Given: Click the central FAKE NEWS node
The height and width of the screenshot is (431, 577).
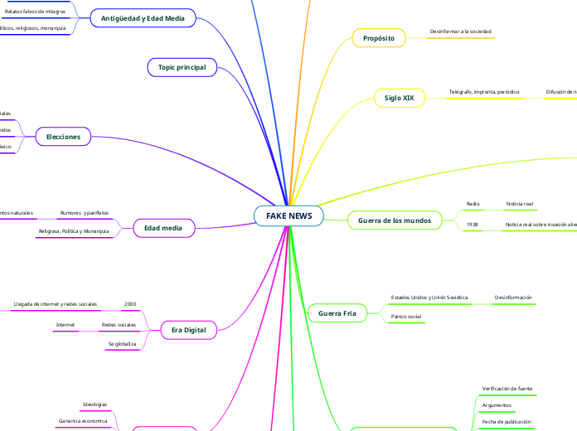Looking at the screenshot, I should click(x=288, y=215).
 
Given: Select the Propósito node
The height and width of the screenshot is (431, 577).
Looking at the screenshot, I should click(x=378, y=38).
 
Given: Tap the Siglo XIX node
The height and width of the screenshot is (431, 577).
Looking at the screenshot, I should click(x=399, y=98).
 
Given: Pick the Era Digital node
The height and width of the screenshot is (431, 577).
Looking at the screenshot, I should click(x=188, y=330).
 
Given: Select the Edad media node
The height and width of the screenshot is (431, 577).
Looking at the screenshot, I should click(x=164, y=227).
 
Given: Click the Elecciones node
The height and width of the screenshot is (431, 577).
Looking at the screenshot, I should click(x=63, y=136).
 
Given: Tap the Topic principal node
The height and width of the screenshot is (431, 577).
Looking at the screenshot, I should click(x=182, y=66).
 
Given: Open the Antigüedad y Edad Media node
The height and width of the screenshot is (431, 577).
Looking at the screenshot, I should click(x=143, y=17).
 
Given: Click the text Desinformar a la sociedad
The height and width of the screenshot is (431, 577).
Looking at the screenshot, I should click(x=460, y=31).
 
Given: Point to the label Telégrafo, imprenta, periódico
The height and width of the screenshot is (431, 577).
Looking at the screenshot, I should click(x=484, y=91).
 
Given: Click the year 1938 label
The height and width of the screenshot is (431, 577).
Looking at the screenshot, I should click(x=473, y=225).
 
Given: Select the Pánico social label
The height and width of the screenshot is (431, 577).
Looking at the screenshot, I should click(x=406, y=317).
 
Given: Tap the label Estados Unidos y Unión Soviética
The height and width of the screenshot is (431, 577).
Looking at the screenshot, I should click(x=429, y=297).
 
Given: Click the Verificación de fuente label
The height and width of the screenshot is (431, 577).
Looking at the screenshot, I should click(x=507, y=388).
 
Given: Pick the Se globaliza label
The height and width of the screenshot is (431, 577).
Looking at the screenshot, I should click(x=122, y=343).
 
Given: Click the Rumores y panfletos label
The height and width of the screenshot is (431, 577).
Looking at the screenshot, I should click(x=85, y=213).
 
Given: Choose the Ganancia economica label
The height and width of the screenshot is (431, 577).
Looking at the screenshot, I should click(x=83, y=421).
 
